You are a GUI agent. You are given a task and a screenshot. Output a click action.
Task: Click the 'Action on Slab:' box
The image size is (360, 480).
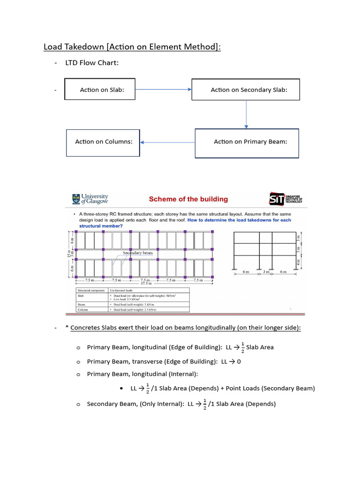point(100,90)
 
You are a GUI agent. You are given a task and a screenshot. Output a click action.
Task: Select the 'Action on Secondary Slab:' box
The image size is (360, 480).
point(246,90)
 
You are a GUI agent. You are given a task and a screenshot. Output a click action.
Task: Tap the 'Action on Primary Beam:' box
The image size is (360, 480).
point(247,142)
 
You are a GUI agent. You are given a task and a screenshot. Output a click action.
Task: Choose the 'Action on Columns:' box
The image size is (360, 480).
point(103,142)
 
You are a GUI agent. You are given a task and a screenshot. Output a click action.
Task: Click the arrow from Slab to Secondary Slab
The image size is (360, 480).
point(164,90)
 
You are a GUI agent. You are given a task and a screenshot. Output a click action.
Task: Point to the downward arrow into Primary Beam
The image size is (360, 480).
point(246,114)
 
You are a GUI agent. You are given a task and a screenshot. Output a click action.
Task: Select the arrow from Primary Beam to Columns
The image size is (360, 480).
point(167,142)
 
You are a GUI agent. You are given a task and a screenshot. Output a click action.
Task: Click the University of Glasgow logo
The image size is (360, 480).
point(90,199)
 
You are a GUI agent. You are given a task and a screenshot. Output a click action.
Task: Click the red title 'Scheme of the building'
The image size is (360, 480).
point(188,199)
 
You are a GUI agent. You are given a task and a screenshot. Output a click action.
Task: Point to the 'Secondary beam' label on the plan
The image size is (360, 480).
point(137,253)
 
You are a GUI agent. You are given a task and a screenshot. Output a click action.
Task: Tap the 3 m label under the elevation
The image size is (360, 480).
point(266,272)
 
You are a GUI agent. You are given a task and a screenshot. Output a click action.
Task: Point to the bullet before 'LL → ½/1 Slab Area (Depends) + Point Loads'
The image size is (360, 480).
point(121,389)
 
